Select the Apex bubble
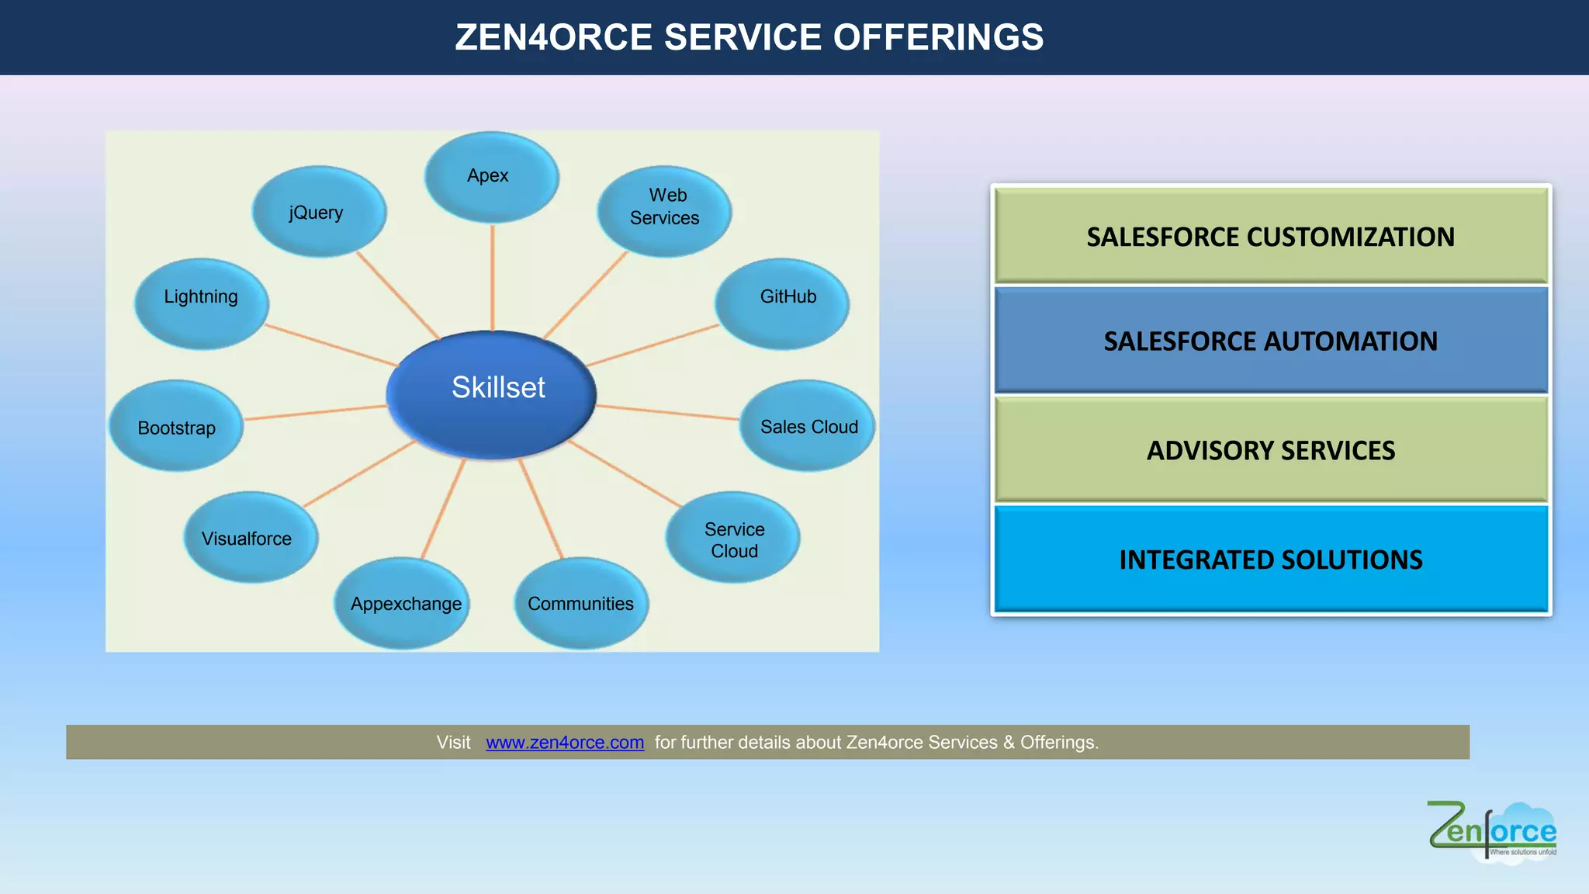491,177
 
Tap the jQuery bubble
319,212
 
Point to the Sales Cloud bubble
807,426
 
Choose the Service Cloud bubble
732,538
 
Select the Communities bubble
581,603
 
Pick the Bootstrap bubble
176,426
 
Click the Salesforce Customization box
1271,236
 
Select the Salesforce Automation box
1271,341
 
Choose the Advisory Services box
1271,450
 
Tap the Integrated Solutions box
1271,560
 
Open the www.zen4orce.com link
565,743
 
